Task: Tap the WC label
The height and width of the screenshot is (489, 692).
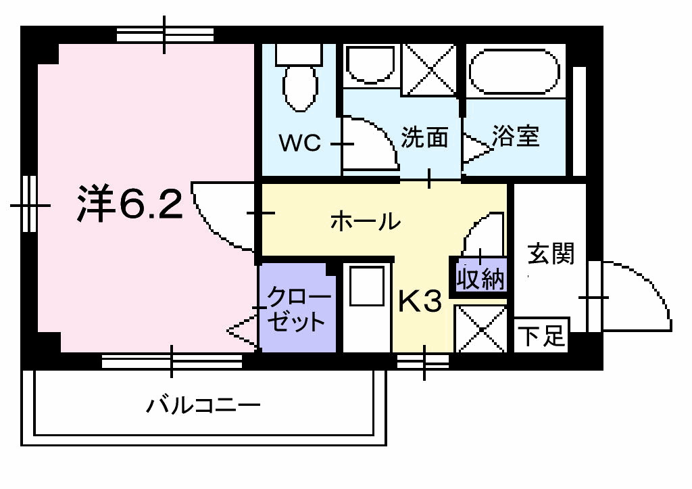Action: pos(300,143)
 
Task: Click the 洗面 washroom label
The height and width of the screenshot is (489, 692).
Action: pos(424,137)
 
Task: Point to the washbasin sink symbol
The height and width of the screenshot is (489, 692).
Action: pos(371,64)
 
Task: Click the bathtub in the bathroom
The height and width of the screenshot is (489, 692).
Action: pos(514,72)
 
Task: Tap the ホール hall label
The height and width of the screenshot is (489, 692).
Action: pos(366,221)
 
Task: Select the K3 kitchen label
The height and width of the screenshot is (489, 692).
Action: pos(420,301)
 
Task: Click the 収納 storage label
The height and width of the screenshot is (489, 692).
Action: pos(480,279)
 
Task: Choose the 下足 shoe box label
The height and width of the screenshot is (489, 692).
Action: pos(541,335)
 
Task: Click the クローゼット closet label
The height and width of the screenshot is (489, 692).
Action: pos(297,309)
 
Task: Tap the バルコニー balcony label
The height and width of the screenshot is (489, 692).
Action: pos(203,405)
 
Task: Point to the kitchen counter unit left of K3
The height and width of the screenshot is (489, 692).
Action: pos(367,308)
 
